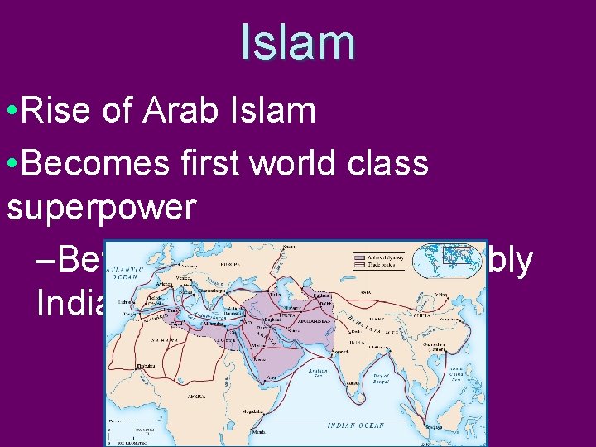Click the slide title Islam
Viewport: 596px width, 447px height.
(298, 43)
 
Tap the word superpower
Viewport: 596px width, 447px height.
(101, 207)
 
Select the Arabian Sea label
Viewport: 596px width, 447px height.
(317, 374)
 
